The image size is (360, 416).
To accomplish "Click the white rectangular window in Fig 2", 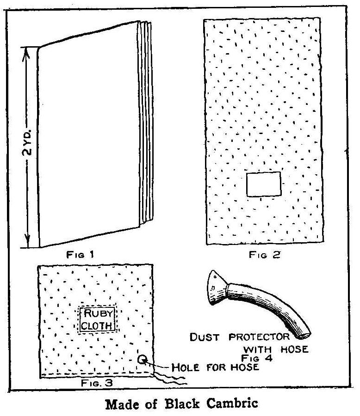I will click(x=263, y=184).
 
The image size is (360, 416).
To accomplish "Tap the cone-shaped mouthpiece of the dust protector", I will click(x=215, y=290).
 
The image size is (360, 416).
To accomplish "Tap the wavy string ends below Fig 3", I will click(x=171, y=379).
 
